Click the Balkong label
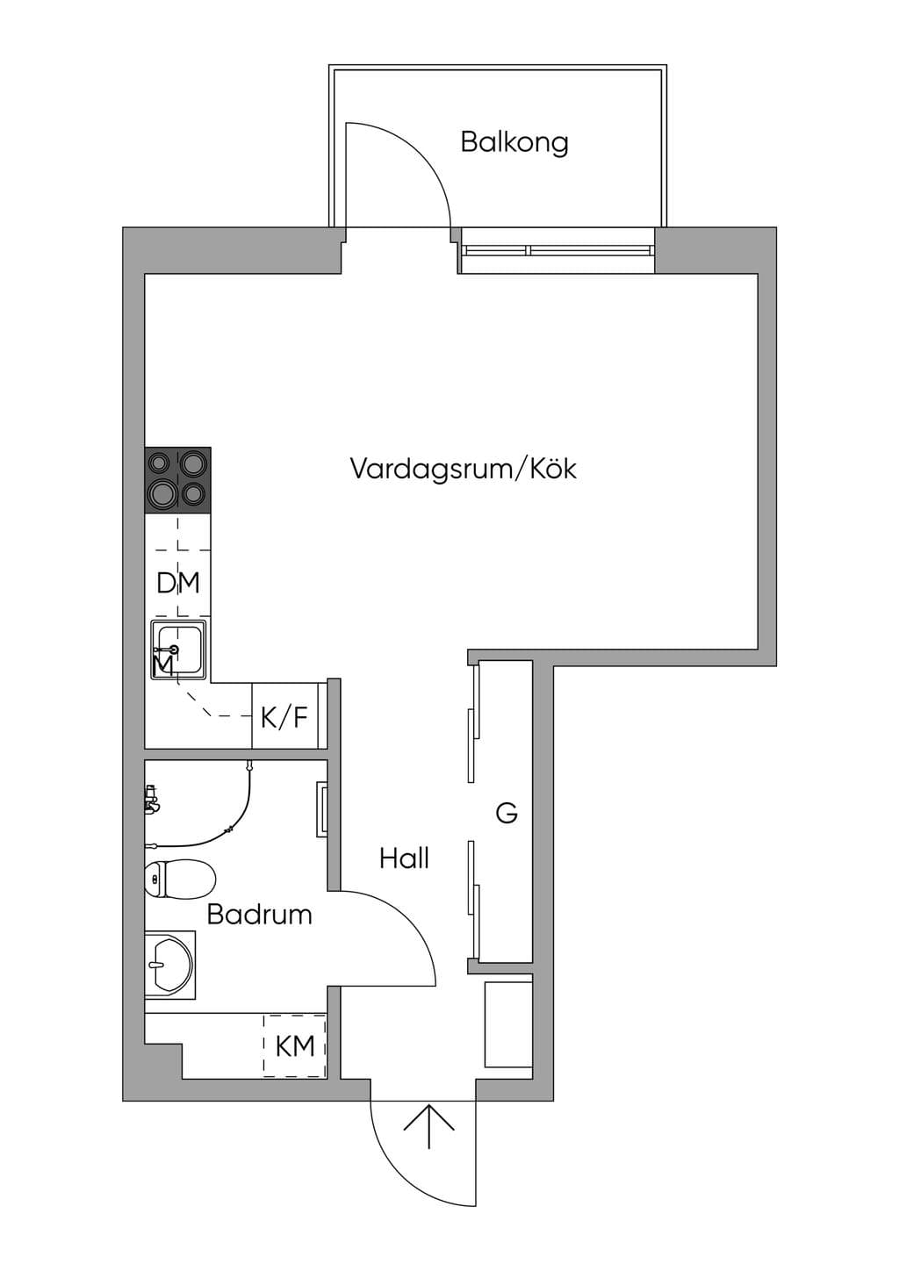[x=514, y=143]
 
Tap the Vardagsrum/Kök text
[x=464, y=470]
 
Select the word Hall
[x=404, y=858]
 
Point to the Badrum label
[x=259, y=915]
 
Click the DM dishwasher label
[x=178, y=583]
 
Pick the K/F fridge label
[x=284, y=717]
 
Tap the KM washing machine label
[x=295, y=1046]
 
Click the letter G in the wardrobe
[x=507, y=813]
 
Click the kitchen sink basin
[x=179, y=650]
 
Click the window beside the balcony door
[x=557, y=250]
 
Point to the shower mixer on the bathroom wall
[x=151, y=800]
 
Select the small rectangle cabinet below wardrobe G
[x=508, y=1024]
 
